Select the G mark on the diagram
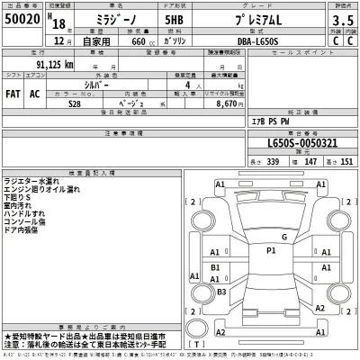pos(283,237)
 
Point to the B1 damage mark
pos(215,267)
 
